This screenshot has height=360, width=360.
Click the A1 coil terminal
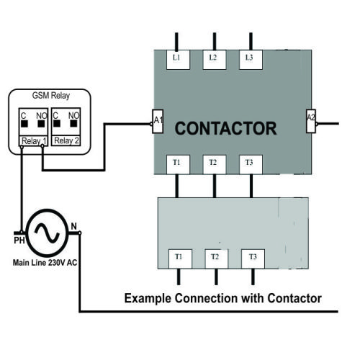pos(158,122)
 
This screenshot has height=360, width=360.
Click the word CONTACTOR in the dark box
pos(226,129)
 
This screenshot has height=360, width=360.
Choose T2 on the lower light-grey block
pos(215,257)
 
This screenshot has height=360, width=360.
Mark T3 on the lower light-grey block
pos(252,257)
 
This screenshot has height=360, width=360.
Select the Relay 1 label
pos(32,140)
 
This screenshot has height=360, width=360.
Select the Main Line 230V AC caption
pos(44,264)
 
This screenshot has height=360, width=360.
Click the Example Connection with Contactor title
pos(222,298)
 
